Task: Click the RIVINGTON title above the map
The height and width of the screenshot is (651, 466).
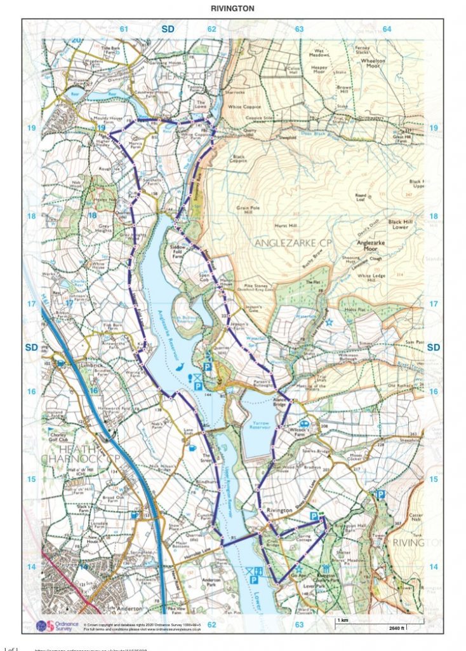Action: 232,8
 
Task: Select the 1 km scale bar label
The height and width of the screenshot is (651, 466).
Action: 342,619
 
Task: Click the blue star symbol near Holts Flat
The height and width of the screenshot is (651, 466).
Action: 329,322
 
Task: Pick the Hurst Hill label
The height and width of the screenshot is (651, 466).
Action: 284,226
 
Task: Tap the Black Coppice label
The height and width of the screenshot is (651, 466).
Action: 239,158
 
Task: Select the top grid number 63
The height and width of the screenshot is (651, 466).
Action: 299,29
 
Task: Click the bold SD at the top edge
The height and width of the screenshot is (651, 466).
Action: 168,29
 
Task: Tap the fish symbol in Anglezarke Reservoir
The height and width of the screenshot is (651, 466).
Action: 181,367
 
